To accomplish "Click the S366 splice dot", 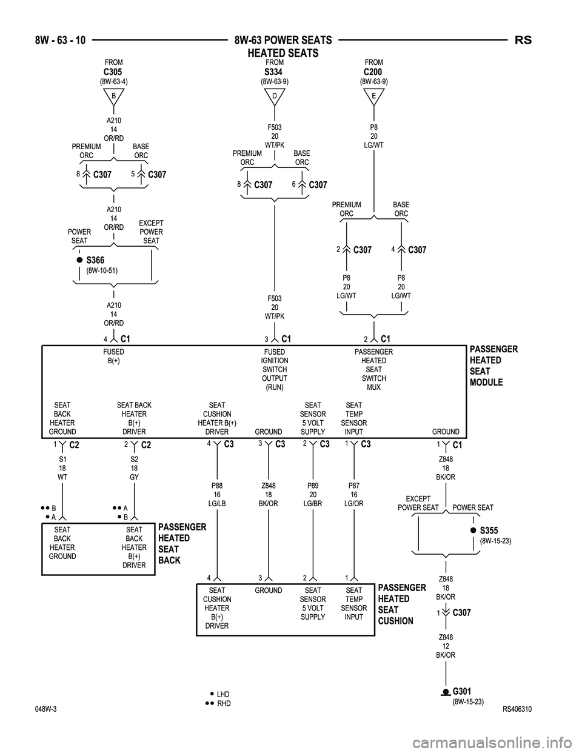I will coord(79,259).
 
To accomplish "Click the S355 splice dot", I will coord(473,530).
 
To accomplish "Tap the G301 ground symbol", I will coord(446,692).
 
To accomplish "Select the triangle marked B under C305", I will coord(113,96).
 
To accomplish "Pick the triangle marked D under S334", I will coord(274,96).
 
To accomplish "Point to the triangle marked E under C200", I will coord(373,96).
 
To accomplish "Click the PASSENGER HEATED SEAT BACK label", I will coord(182,543).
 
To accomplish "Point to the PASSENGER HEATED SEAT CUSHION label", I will coord(402,604).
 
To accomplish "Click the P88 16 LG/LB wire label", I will coord(217,494).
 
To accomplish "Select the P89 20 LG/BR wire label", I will coord(313,494).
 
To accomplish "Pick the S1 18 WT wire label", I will coord(62,468).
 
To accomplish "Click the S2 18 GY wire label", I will coord(134,468).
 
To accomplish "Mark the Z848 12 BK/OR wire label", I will coord(446,646).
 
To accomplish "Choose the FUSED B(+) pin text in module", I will coord(113,356).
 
